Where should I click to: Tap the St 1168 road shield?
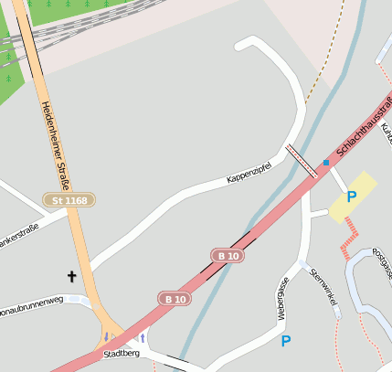(69, 199)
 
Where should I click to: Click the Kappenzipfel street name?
(250, 172)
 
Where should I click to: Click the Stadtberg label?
(121, 353)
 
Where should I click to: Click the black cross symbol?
(71, 274)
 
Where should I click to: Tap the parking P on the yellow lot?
(351, 197)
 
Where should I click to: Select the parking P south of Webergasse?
(286, 341)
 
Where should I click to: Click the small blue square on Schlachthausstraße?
(325, 163)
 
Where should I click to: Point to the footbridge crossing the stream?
(302, 159)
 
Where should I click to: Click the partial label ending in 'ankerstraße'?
(18, 233)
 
